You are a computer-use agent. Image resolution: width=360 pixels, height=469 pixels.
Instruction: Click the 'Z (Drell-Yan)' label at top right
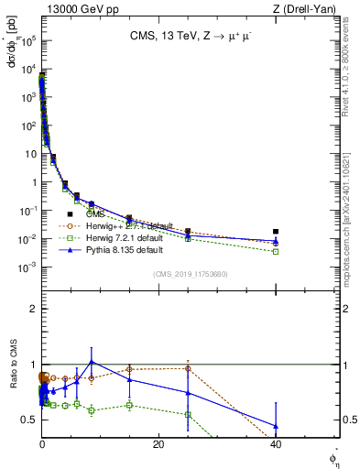pyautogui.click(x=311, y=8)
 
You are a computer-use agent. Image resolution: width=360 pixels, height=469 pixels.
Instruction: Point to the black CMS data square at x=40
pyautogui.click(x=276, y=232)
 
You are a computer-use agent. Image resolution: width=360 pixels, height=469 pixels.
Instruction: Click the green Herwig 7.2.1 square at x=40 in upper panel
pyautogui.click(x=276, y=251)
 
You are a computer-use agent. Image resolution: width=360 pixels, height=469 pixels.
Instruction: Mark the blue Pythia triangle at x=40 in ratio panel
pyautogui.click(x=276, y=426)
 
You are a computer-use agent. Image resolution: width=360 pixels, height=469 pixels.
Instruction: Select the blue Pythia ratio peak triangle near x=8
pyautogui.click(x=91, y=362)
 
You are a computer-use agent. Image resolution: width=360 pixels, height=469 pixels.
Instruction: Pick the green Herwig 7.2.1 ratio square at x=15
pyautogui.click(x=129, y=405)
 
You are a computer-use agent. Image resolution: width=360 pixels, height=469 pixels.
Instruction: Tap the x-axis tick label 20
pyautogui.click(x=158, y=444)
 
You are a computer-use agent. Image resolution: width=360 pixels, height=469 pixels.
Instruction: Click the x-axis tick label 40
pyautogui.click(x=276, y=444)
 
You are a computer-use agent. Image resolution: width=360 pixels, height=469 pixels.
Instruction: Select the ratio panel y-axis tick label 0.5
pyautogui.click(x=28, y=420)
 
